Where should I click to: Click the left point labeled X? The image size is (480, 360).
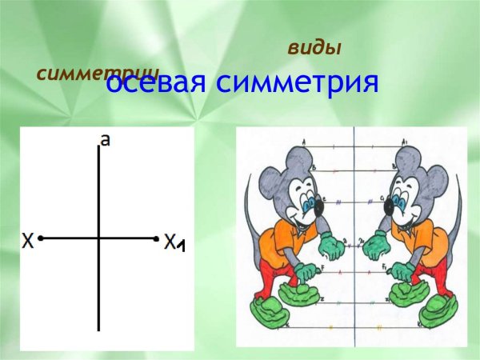[41, 238]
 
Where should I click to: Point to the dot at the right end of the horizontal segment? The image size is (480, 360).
[157, 238]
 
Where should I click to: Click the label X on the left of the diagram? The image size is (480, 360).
[28, 239]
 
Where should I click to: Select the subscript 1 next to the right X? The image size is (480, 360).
[182, 246]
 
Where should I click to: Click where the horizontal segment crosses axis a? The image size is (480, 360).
[98, 238]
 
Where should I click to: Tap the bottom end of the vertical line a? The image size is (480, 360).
[98, 329]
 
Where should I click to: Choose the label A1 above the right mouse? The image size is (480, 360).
[404, 142]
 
